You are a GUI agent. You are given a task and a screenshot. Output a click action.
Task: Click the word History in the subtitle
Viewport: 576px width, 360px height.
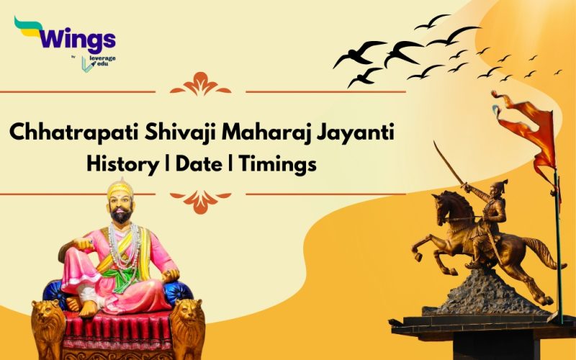point(119,164)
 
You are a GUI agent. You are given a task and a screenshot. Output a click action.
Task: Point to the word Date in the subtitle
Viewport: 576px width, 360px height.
point(197,164)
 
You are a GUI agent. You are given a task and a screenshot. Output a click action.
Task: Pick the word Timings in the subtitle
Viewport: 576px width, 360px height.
point(278,164)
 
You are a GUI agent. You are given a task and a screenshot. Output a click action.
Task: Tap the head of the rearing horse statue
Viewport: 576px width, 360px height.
point(437,201)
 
